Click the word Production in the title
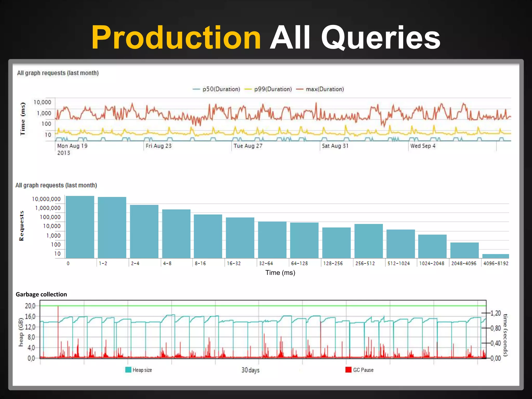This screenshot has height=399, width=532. (x=176, y=38)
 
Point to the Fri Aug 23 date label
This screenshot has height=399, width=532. (x=158, y=146)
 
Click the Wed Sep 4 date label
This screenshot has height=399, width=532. (x=423, y=146)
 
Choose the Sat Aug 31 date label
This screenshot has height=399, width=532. (x=335, y=146)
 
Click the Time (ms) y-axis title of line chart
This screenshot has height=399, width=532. (x=23, y=119)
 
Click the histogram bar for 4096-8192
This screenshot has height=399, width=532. (x=495, y=256)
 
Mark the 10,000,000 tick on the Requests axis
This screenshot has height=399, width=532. (x=46, y=199)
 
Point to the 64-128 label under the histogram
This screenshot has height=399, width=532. (x=299, y=263)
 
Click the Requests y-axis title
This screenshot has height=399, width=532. (x=22, y=226)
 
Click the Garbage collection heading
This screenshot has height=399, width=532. (x=41, y=294)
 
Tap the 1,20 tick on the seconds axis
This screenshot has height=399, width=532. (x=495, y=313)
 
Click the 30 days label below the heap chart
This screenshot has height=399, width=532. (x=250, y=370)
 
